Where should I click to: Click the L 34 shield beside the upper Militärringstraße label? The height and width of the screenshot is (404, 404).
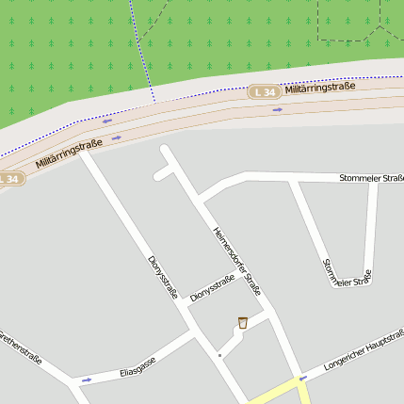(265, 91)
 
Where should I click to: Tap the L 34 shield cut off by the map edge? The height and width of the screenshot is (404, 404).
(8, 178)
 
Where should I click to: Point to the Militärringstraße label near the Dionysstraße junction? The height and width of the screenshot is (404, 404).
(69, 154)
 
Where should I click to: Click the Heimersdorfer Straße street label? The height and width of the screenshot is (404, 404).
(236, 256)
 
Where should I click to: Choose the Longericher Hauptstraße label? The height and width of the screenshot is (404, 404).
(364, 353)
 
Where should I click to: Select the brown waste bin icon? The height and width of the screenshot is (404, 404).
(243, 323)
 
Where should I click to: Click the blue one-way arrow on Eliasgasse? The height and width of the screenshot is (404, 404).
(86, 380)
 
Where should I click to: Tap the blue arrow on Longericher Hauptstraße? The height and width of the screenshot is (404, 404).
(302, 378)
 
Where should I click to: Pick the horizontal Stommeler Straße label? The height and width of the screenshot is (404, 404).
(371, 177)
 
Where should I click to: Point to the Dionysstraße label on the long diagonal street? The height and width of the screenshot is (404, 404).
(164, 276)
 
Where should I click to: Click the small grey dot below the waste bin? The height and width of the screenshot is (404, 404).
(219, 355)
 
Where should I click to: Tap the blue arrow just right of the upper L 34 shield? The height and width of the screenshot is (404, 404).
(277, 109)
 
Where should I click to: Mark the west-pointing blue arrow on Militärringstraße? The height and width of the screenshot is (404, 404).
(106, 121)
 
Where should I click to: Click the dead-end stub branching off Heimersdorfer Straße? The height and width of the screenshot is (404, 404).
(164, 172)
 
